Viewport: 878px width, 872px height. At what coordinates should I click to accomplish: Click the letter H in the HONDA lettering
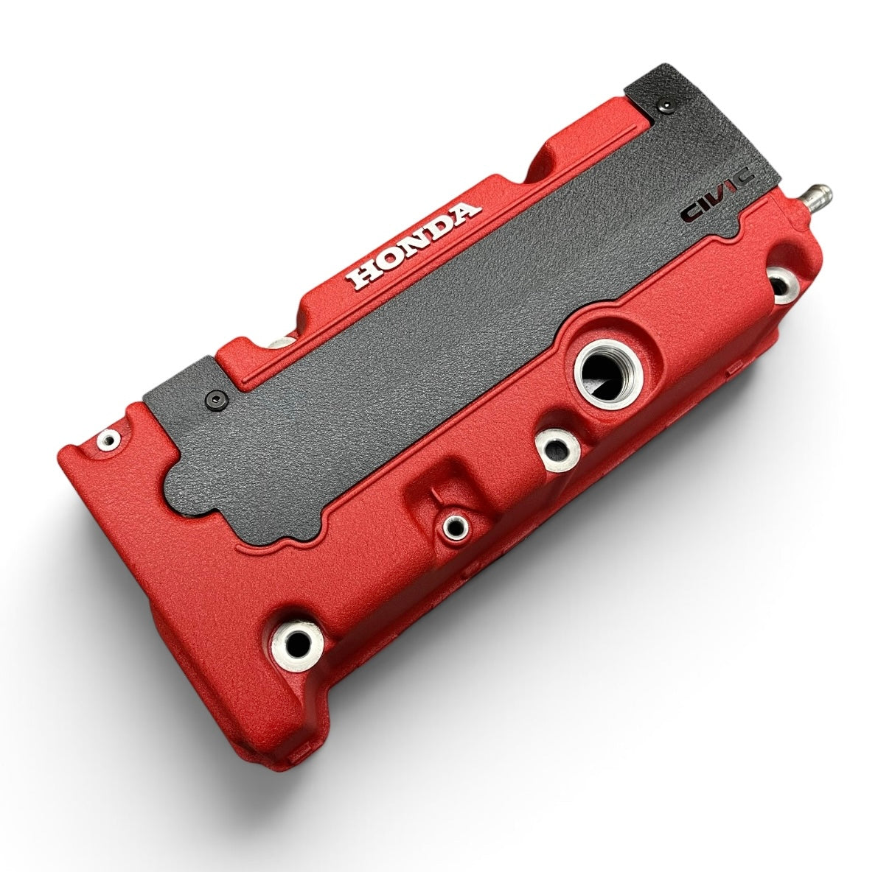pyautogui.click(x=364, y=275)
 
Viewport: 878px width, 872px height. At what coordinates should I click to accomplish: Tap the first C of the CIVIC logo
pyautogui.click(x=691, y=212)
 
